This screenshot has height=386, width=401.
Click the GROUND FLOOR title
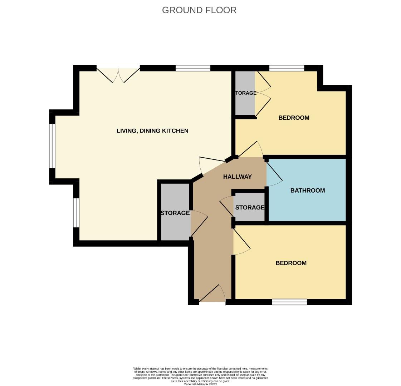coord(199,10)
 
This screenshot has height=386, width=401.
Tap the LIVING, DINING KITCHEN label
coord(152,131)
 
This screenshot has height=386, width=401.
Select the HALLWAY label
coord(237,177)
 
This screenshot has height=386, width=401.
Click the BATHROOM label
coord(307,190)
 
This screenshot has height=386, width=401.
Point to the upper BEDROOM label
coord(294,118)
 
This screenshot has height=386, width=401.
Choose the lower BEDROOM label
coord(291,263)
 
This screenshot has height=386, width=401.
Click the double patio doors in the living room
coord(118,75)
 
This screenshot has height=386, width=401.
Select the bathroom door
coord(273,174)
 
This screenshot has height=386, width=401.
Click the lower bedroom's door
coord(241,243)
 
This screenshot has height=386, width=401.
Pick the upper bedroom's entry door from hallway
coord(250,150)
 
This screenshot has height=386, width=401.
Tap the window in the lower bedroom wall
coord(289,302)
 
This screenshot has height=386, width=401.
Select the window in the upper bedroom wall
coord(287,68)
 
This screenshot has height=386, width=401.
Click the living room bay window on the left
coord(53,146)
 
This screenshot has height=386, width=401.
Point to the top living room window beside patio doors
coord(193,68)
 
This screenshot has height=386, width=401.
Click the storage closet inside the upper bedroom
coord(245,93)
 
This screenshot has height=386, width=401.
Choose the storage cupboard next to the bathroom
coord(249,208)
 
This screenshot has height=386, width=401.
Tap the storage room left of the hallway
coord(175,213)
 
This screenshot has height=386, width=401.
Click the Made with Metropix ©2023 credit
coord(200,384)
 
